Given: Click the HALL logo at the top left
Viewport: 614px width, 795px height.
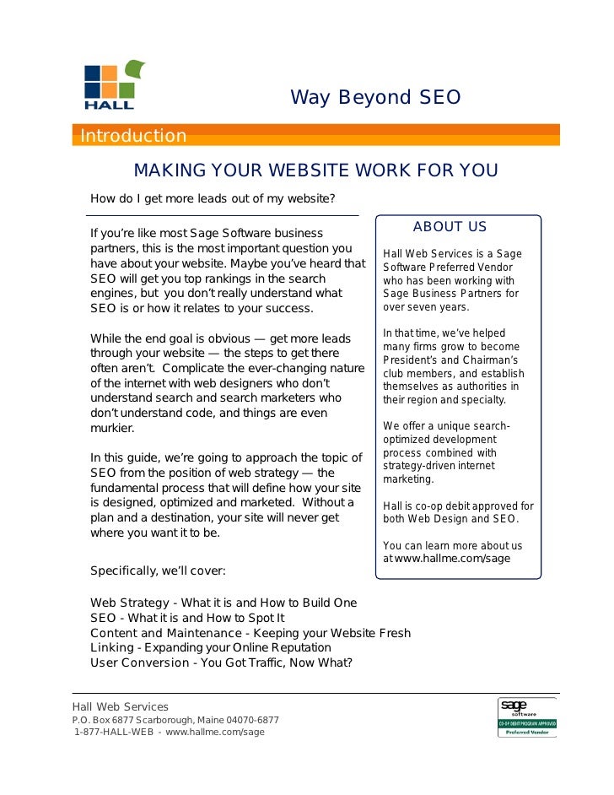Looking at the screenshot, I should (x=110, y=85).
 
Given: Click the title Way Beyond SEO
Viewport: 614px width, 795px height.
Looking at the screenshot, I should (x=375, y=98).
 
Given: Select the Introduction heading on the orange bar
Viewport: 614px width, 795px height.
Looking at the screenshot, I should (x=133, y=136).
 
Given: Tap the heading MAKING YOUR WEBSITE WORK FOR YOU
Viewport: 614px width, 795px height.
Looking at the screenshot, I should (x=315, y=171).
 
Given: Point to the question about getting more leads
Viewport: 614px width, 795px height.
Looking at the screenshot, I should (x=213, y=199).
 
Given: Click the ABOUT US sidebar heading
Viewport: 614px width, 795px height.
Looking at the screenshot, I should (x=450, y=227).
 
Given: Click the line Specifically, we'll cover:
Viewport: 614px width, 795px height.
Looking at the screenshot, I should (x=158, y=571).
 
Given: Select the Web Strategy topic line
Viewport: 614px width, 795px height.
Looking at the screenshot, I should (x=224, y=603).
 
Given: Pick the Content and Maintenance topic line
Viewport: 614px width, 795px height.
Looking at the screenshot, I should (x=250, y=633).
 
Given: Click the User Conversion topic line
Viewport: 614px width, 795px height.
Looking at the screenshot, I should (x=221, y=662).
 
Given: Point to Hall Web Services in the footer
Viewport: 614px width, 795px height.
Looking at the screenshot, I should (x=120, y=706).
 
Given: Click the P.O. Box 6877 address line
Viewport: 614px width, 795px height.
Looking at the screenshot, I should (x=175, y=720).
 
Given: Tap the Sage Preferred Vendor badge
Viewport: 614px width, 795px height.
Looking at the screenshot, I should (x=526, y=717).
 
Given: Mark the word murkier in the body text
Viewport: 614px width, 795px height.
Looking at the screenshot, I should (x=112, y=428).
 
